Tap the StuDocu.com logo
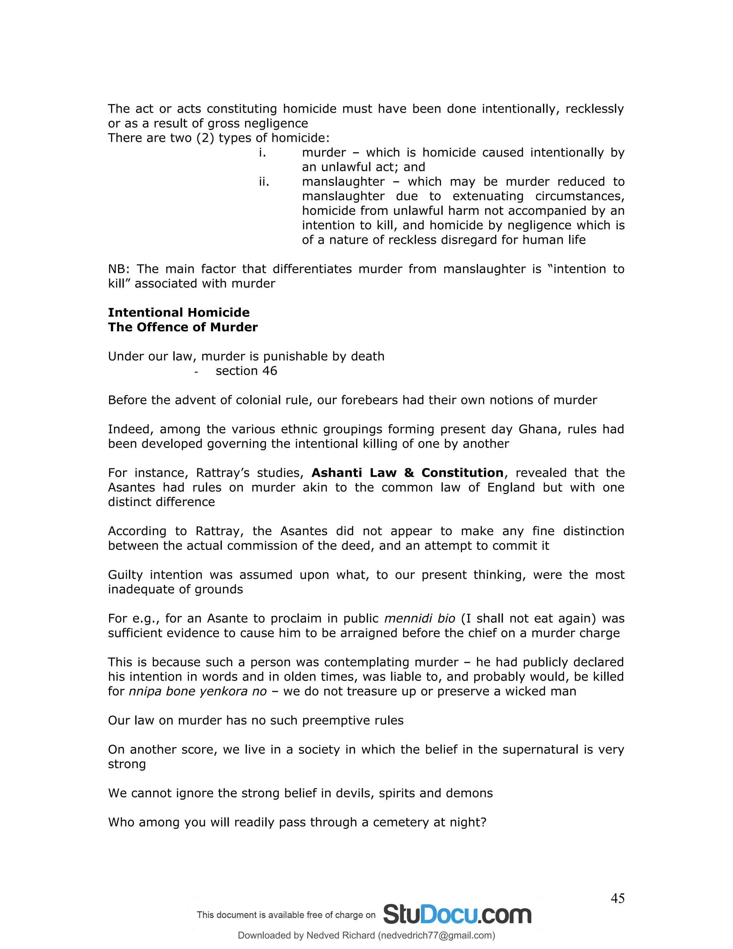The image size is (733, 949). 457,914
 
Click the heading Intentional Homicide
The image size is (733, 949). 179,312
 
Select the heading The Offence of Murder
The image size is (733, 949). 183,327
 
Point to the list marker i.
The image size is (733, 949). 262,153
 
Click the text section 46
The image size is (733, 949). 246,371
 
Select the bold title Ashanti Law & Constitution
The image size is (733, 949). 407,473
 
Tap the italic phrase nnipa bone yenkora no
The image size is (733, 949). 198,691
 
